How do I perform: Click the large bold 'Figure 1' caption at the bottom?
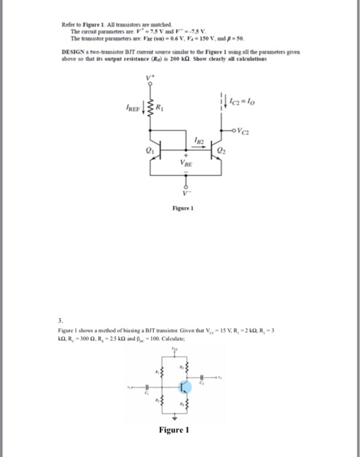(x=173, y=430)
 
